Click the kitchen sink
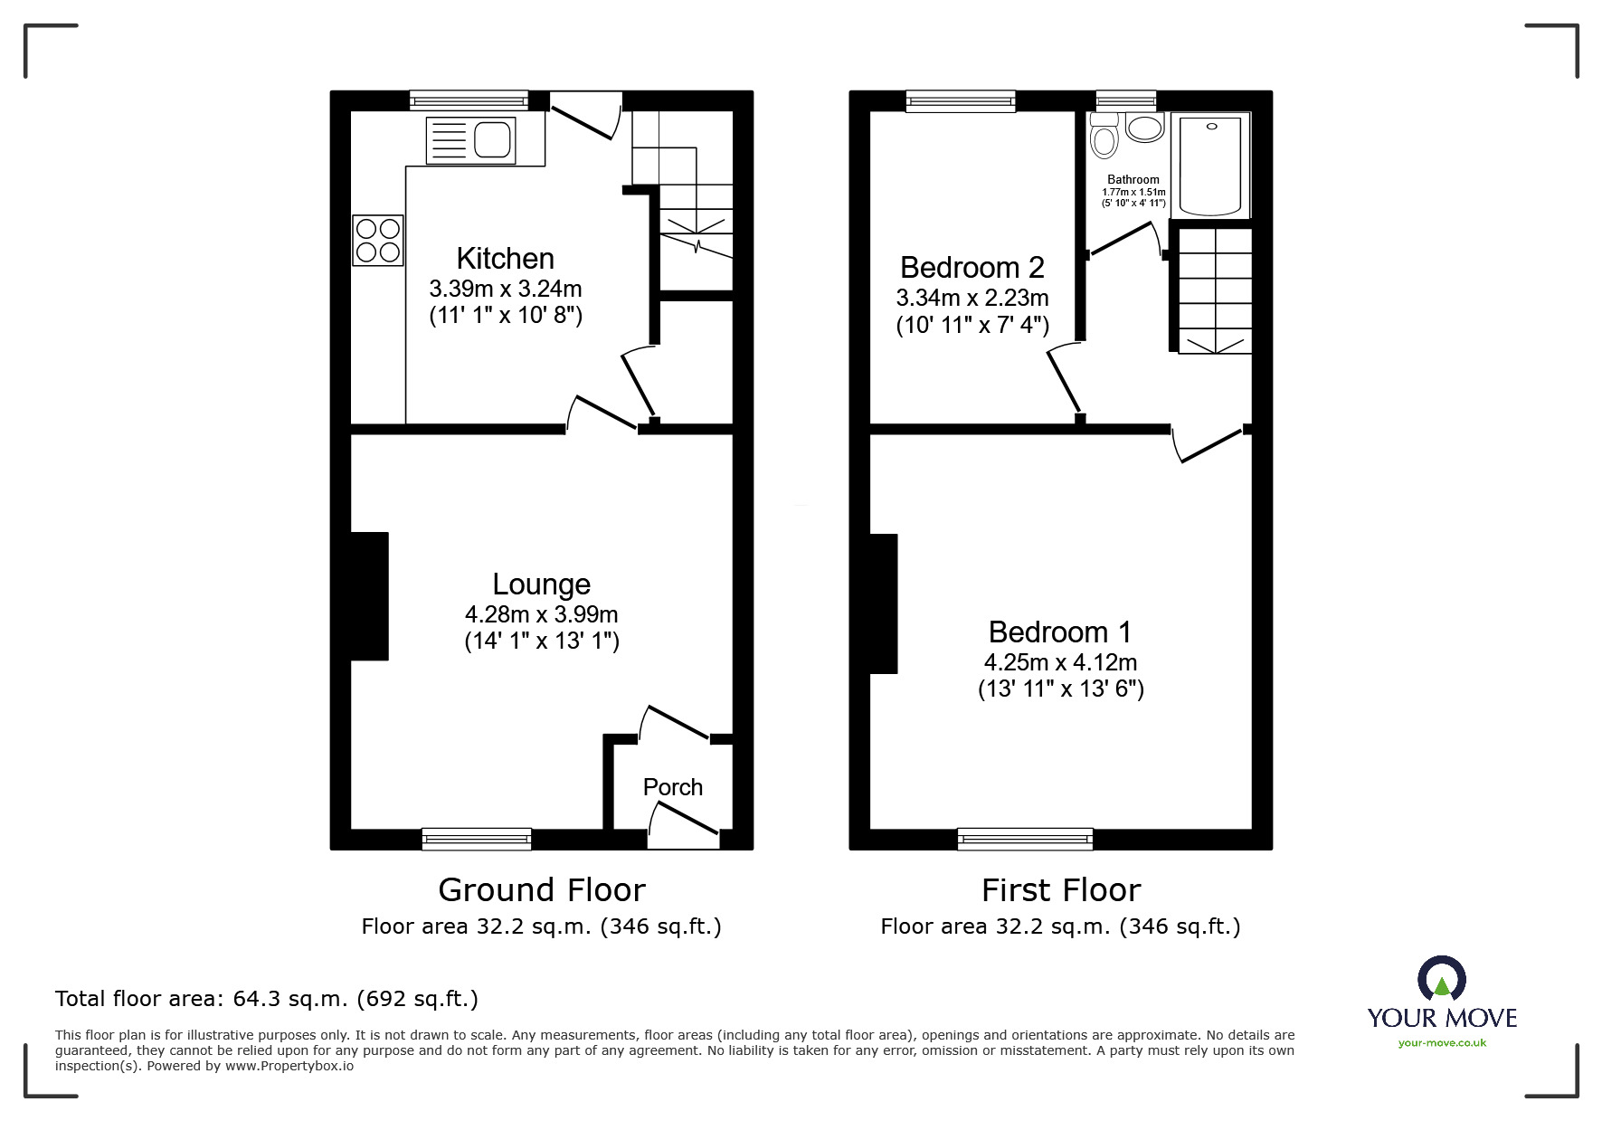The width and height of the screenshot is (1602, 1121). point(469,140)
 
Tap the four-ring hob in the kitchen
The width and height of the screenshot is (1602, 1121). point(378,240)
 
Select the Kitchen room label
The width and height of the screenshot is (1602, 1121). point(505,259)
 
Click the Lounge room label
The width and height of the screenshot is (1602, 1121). point(541,584)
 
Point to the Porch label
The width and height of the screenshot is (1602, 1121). point(673,787)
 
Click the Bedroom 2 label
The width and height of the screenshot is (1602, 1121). point(972,268)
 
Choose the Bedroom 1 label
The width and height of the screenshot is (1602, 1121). point(1060,632)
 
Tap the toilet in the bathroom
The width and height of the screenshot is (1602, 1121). point(1104,136)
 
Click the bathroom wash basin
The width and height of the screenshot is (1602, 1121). point(1145,128)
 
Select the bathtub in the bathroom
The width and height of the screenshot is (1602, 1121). point(1210,165)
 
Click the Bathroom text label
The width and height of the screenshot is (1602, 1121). point(1133,180)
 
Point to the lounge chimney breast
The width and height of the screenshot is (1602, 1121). point(369,596)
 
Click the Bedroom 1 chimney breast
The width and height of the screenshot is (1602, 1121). point(883,603)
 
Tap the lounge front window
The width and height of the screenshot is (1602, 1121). point(477,840)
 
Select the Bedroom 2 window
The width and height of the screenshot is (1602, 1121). point(961,100)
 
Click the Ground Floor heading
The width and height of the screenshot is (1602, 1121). point(542,890)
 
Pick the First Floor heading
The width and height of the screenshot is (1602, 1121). point(1061,890)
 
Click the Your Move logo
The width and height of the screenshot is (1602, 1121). point(1442,1002)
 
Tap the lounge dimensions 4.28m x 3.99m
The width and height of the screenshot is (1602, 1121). point(542,614)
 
